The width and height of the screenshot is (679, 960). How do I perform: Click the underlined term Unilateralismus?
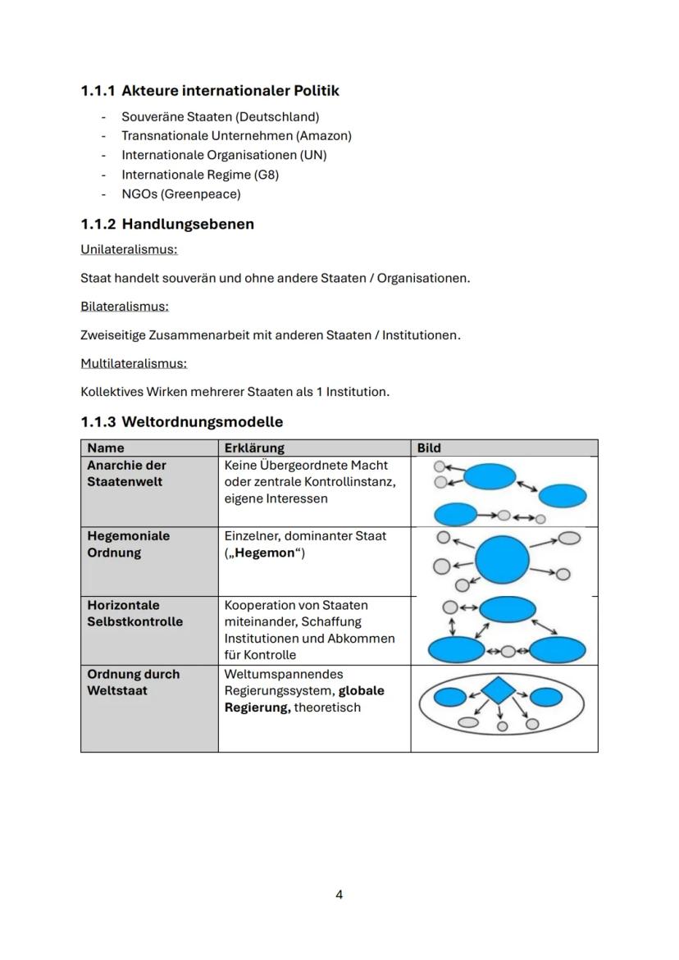tap(129, 249)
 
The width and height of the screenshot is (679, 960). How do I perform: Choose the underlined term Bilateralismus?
tap(125, 306)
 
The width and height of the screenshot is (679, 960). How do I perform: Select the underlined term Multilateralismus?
tap(134, 363)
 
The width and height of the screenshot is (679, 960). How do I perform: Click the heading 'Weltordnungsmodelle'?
tap(202, 422)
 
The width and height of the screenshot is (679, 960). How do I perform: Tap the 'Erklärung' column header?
tap(254, 448)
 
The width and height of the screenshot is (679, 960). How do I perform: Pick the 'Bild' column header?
tap(429, 448)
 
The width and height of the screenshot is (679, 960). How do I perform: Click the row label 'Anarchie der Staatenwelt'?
tap(126, 473)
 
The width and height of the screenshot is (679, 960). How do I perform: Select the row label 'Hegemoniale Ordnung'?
tap(128, 544)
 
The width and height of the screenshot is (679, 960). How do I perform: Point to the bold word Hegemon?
tap(264, 553)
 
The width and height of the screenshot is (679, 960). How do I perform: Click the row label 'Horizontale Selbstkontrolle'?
tap(134, 613)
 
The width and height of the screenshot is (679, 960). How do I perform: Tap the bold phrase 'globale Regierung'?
tap(303, 699)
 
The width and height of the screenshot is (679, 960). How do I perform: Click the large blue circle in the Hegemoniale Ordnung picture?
tap(502, 561)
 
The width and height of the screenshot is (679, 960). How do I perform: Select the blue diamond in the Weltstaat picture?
tap(498, 690)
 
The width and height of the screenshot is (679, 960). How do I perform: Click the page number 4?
tap(339, 894)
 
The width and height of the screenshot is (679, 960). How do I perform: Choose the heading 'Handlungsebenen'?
tap(188, 224)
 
